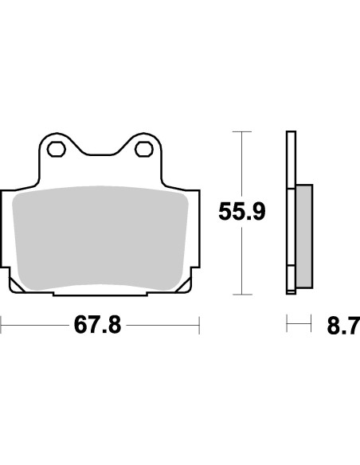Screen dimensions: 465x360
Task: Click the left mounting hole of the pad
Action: point(56,148)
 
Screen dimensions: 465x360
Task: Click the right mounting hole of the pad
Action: point(145,148)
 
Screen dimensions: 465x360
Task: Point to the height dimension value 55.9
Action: point(241,212)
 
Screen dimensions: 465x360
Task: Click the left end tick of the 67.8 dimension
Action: point(2,325)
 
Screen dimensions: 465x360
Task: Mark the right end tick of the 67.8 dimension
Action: point(198,325)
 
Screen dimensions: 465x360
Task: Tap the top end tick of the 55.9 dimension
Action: point(241,131)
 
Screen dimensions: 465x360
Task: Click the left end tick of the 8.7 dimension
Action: point(288,325)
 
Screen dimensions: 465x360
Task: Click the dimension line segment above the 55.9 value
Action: point(241,163)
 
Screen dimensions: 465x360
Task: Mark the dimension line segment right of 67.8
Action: point(163,325)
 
